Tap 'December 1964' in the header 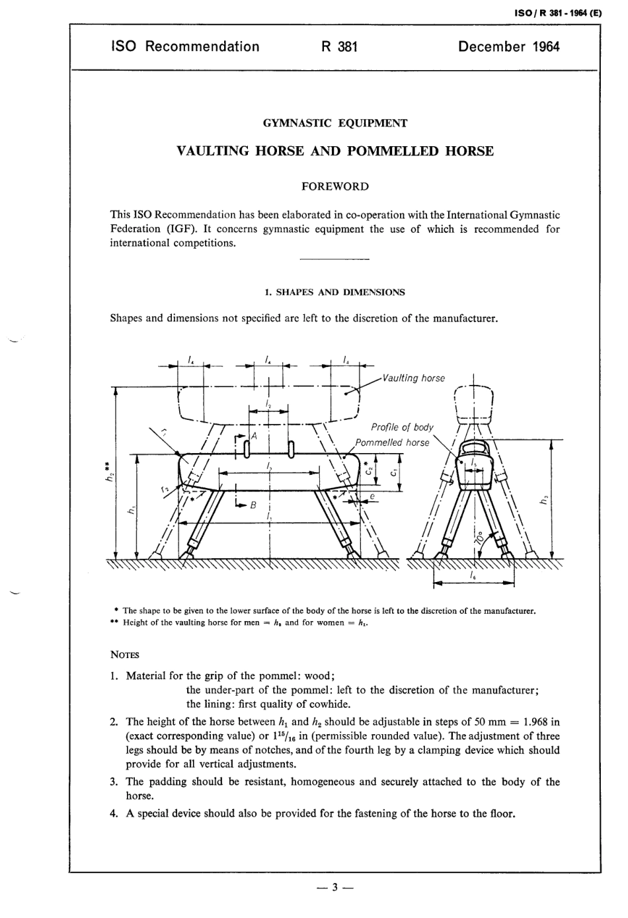(x=508, y=46)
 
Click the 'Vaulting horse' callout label (x=414, y=378)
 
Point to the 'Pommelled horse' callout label (x=392, y=442)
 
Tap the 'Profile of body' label (x=402, y=427)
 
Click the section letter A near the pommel (x=253, y=437)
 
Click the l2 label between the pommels (x=268, y=403)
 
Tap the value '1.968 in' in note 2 (x=537, y=722)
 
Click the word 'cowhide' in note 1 (x=331, y=704)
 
